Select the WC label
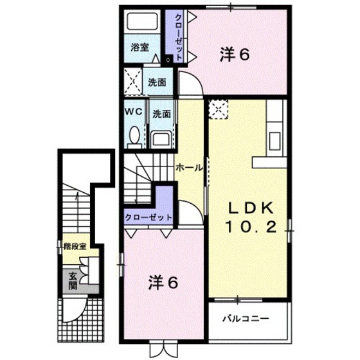[x=132, y=111]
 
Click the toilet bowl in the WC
[x=134, y=136]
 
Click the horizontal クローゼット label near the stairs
[x=148, y=217]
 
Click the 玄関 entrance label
[x=73, y=282]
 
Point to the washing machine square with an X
[x=135, y=82]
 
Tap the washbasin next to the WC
[x=161, y=137]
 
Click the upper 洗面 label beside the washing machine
[x=157, y=82]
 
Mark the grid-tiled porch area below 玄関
[x=80, y=318]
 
